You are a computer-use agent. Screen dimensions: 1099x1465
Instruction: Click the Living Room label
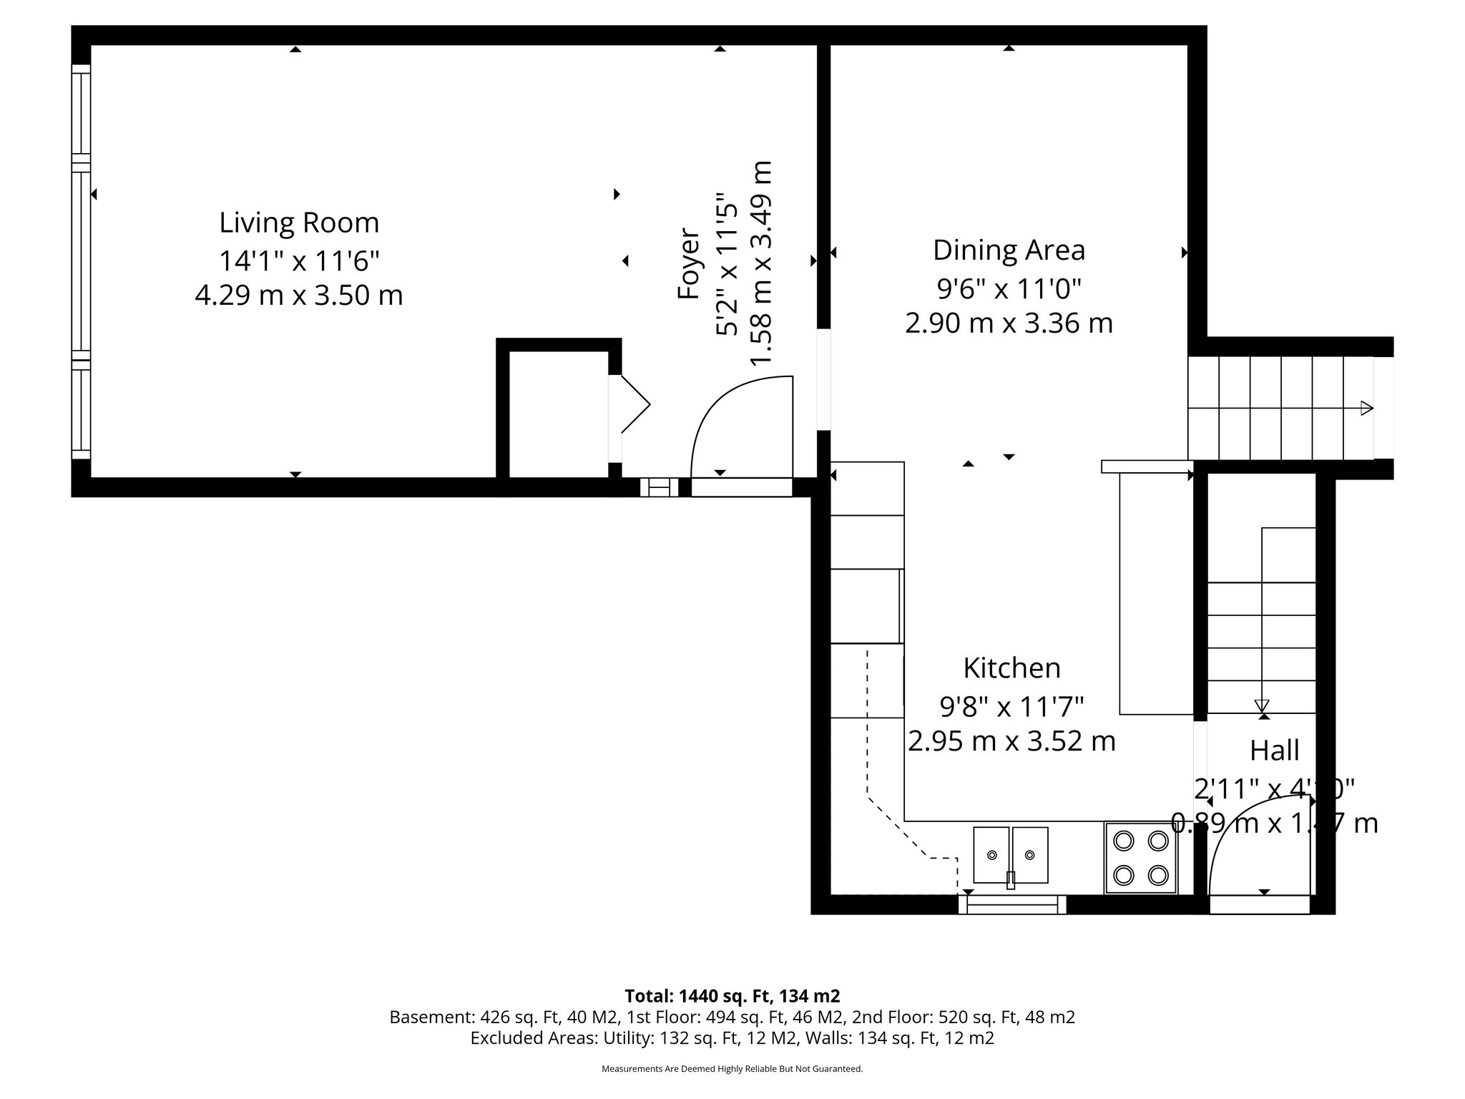tap(299, 223)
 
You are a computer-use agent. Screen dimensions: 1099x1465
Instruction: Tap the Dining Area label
tap(1009, 250)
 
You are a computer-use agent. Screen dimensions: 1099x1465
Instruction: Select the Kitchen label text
tap(1011, 668)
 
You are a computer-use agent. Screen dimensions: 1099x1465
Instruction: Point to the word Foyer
tap(688, 263)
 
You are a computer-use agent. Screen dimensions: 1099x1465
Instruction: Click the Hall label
tap(1274, 751)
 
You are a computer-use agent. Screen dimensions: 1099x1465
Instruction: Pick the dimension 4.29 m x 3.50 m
tap(299, 295)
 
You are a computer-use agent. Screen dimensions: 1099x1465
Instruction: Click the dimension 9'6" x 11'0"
tap(1009, 288)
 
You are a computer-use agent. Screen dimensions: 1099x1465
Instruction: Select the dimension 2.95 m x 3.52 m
tap(1011, 741)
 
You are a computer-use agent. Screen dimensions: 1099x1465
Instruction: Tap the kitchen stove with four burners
tap(1141, 857)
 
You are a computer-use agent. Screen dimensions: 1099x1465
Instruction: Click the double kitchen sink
tap(1011, 855)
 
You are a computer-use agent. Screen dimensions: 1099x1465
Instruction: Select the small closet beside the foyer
tap(558, 414)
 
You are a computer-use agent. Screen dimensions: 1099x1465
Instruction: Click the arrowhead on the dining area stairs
tap(1366, 409)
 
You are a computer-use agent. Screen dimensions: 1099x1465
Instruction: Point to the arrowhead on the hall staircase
tap(1262, 705)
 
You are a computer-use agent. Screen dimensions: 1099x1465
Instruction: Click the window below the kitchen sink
tap(1011, 905)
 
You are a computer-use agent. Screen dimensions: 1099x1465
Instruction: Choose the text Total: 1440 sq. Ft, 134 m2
tap(732, 995)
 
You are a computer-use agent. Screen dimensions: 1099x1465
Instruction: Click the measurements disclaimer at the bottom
tap(732, 1069)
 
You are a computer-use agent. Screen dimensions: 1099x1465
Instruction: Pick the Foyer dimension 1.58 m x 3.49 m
tap(761, 263)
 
